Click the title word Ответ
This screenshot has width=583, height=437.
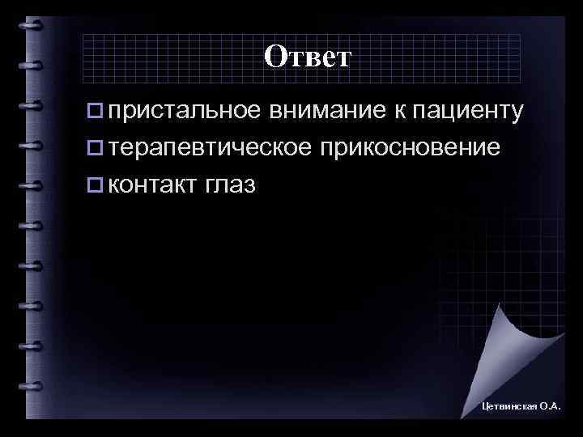coord(308,57)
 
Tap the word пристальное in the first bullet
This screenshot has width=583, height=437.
coord(184,111)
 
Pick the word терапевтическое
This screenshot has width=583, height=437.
coord(206,148)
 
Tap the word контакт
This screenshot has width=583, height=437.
coord(151,185)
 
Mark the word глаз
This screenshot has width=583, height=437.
coord(231,185)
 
